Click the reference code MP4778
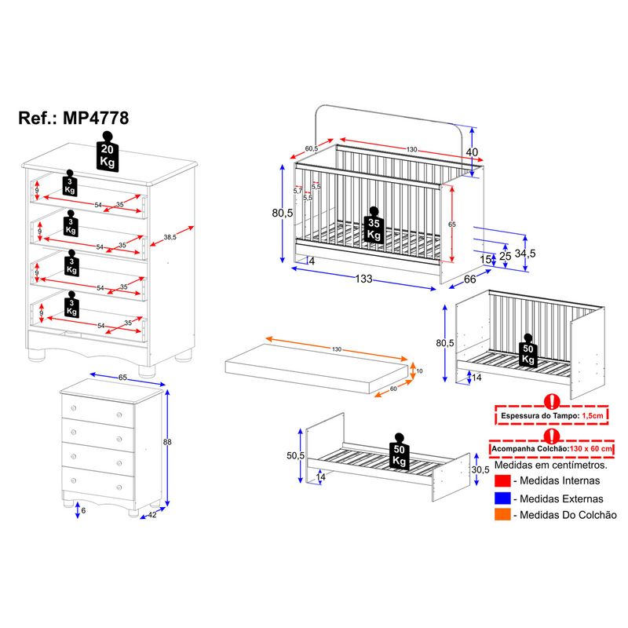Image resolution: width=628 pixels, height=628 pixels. tap(96, 119)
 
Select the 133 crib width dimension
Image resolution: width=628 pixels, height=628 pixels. tap(363, 279)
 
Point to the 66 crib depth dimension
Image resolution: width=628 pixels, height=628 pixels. tap(469, 279)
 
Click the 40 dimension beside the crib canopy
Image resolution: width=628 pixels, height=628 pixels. tap(472, 152)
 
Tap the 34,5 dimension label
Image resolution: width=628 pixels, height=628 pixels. tap(525, 253)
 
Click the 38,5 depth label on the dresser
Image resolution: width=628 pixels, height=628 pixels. tap(170, 237)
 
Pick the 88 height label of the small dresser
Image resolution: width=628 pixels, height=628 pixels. tap(167, 442)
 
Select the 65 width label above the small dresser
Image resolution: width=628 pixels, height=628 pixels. tap(122, 378)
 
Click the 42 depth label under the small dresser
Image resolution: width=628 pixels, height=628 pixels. tap(152, 515)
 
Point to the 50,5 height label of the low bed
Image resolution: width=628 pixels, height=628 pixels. tap(296, 455)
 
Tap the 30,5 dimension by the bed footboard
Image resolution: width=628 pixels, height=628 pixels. tap(480, 469)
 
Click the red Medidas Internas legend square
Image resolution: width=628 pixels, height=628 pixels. tap(502, 480)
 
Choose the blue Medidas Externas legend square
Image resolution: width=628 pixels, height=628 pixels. tap(502, 498)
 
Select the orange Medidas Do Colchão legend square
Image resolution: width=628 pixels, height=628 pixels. tap(502, 515)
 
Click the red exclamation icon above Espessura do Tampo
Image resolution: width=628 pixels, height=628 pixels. tap(552, 401)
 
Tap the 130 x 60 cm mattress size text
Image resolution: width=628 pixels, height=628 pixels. tap(591, 448)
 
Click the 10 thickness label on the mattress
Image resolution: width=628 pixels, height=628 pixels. tap(419, 371)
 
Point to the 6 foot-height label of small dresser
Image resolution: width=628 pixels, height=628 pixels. tap(83, 511)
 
